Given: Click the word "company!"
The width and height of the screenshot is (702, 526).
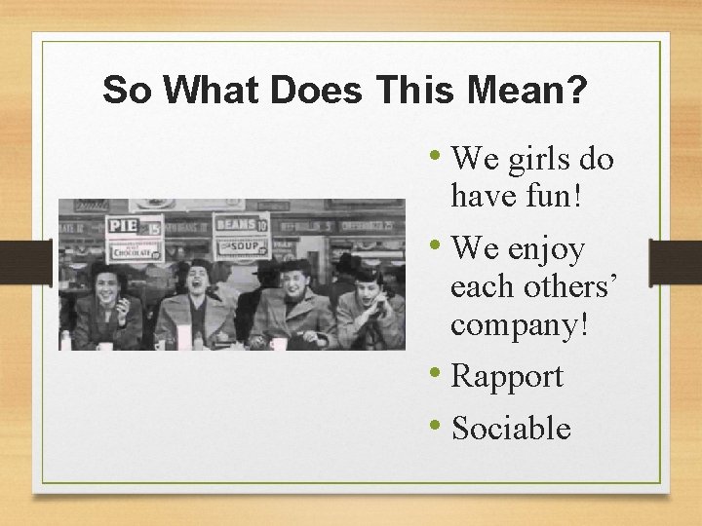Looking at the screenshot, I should (519, 324).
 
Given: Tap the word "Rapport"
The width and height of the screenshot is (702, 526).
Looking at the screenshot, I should (508, 376).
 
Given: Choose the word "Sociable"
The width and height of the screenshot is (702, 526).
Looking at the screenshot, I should (512, 428).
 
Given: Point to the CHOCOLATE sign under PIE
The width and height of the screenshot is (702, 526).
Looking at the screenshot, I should (135, 250).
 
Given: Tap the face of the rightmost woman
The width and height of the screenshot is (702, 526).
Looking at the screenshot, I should (368, 288).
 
